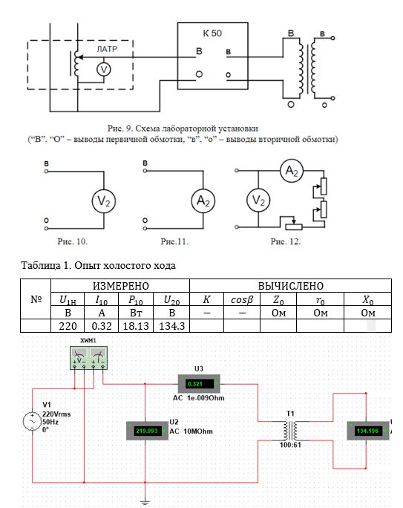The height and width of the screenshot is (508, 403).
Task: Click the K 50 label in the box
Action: [x=212, y=33]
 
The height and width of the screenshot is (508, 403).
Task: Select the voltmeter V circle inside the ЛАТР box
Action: [x=104, y=69]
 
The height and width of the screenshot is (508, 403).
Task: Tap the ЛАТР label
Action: [x=107, y=49]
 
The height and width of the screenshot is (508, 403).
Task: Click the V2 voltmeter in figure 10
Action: [x=104, y=201]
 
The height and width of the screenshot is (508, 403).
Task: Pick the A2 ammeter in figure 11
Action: [x=203, y=201]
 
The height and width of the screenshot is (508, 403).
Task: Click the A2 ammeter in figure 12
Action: [x=292, y=170]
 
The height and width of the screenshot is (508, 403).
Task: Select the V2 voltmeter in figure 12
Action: [x=258, y=201]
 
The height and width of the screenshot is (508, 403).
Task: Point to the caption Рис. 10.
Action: [x=72, y=241]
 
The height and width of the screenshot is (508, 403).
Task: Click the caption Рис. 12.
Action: [x=286, y=241]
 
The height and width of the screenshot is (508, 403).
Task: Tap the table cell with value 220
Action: [x=68, y=326]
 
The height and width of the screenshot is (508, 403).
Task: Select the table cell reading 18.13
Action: [x=136, y=326]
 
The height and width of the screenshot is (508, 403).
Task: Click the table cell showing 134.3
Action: [x=171, y=326]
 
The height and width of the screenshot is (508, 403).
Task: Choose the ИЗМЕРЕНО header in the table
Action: [x=120, y=286]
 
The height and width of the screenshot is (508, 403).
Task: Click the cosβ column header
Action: [x=242, y=300]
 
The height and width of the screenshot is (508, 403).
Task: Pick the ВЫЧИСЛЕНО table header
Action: [x=291, y=286]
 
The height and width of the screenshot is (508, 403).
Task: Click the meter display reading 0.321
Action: [x=199, y=384]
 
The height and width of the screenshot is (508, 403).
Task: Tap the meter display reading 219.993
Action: [x=147, y=431]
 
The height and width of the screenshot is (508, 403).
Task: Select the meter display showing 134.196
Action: [x=368, y=431]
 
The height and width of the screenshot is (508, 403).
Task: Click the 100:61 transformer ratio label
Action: [x=290, y=445]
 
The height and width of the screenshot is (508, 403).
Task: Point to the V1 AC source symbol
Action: [x=33, y=421]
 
